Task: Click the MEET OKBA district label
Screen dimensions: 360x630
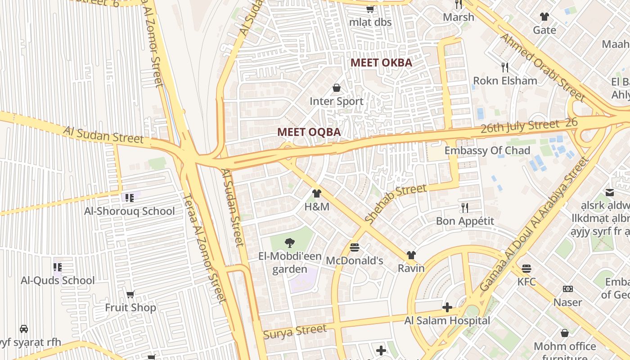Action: (381, 63)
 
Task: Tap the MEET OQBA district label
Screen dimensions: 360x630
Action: (309, 132)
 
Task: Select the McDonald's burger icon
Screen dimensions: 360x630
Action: (355, 247)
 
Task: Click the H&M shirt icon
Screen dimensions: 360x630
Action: (317, 193)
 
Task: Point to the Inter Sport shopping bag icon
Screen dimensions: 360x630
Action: (336, 88)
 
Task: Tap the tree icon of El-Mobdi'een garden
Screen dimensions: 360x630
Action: (290, 243)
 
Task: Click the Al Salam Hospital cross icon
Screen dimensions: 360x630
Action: (447, 307)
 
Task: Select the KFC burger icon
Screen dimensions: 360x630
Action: (526, 269)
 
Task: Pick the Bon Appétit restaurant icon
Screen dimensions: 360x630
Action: (465, 207)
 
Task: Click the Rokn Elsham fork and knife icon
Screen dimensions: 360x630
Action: (505, 67)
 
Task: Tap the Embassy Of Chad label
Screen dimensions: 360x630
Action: (487, 150)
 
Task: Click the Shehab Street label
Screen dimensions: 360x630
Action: (396, 204)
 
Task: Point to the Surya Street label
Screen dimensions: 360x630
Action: (295, 332)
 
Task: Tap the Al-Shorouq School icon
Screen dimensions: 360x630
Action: (130, 198)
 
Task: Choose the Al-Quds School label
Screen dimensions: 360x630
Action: (58, 280)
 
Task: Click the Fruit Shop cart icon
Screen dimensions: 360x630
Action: (130, 294)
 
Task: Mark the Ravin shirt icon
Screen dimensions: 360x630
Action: (411, 255)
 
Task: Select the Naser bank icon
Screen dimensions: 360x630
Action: (568, 289)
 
